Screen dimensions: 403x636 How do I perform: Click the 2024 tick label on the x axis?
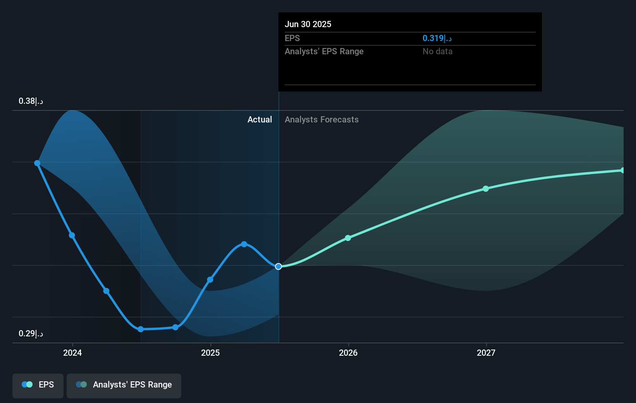pyautogui.click(x=72, y=353)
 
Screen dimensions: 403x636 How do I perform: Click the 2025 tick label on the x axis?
pyautogui.click(x=210, y=353)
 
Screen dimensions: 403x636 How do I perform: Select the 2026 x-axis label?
pyautogui.click(x=348, y=353)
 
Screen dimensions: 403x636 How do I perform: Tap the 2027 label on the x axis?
pyautogui.click(x=486, y=353)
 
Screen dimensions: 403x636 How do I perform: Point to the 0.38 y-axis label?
pyautogui.click(x=31, y=101)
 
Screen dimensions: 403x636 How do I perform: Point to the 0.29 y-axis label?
pyautogui.click(x=31, y=334)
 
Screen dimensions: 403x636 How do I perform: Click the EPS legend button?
pyautogui.click(x=38, y=385)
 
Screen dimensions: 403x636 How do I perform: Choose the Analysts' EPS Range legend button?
pyautogui.click(x=124, y=385)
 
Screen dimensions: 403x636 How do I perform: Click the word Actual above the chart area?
pyautogui.click(x=260, y=120)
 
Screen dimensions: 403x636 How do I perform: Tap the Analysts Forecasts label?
pyautogui.click(x=321, y=120)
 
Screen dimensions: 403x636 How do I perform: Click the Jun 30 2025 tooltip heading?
pyautogui.click(x=308, y=24)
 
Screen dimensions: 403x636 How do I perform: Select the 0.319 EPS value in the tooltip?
pyautogui.click(x=437, y=38)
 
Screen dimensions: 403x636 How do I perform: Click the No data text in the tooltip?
pyautogui.click(x=437, y=52)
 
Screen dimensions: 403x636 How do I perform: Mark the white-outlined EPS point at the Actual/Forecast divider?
pyautogui.click(x=278, y=267)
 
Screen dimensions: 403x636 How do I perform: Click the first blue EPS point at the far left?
pyautogui.click(x=37, y=163)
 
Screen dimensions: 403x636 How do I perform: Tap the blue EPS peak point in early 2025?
pyautogui.click(x=244, y=244)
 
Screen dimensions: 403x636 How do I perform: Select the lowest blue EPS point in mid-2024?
pyautogui.click(x=141, y=329)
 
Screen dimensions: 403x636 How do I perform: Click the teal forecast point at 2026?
pyautogui.click(x=348, y=238)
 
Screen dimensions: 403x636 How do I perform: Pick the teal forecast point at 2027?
pyautogui.click(x=486, y=189)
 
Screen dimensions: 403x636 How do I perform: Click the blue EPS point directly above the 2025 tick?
pyautogui.click(x=210, y=280)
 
